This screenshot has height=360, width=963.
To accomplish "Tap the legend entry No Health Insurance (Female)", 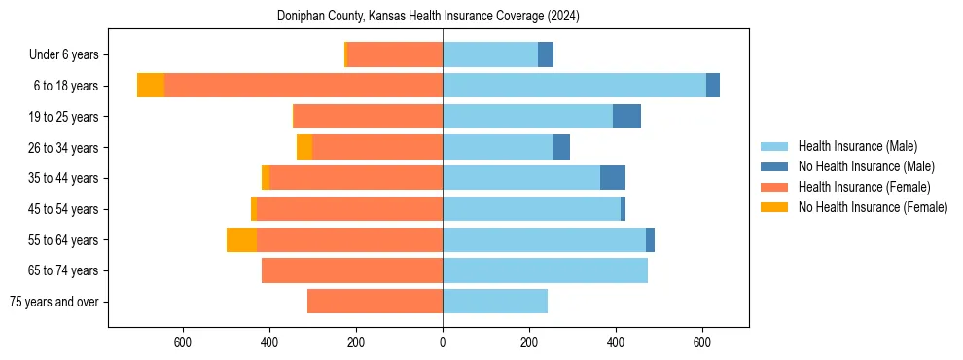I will (872, 207).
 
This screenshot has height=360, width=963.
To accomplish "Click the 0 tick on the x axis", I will (443, 342).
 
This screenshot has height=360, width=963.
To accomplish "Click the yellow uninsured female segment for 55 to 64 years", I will (241, 239).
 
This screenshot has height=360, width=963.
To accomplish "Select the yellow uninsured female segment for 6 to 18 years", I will (151, 86).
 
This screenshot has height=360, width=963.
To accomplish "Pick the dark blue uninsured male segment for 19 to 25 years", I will (626, 117).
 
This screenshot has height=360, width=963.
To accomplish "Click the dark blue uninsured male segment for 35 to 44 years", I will (613, 178).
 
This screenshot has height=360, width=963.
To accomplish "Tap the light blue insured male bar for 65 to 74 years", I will (545, 270).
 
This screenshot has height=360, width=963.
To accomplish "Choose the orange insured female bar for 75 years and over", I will (374, 302).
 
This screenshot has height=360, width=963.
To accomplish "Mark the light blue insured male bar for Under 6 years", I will (490, 55).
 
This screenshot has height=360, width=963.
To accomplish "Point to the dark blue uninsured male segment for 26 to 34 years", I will (561, 148).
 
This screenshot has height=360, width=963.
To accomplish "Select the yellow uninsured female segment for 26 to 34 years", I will (304, 148).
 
